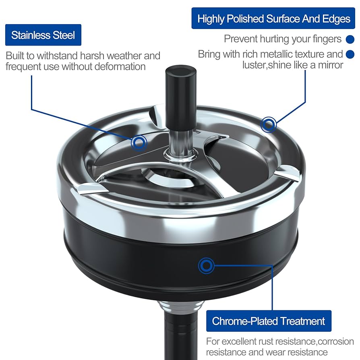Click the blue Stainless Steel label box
click(43, 35)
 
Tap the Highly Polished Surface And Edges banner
click(274, 19)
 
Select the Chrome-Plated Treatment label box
click(268, 321)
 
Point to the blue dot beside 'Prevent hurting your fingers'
click(350, 39)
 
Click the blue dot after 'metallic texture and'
click(350, 54)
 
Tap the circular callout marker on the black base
click(207, 265)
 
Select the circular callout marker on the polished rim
click(269, 124)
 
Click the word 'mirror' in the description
click(328, 65)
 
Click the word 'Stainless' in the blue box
click(30, 35)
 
